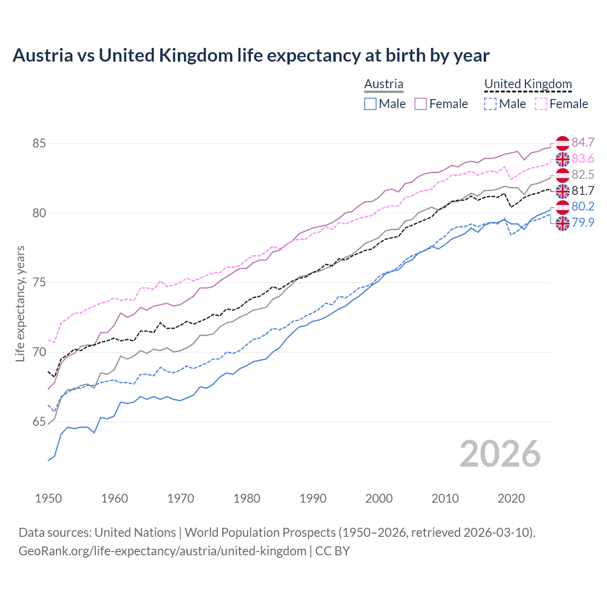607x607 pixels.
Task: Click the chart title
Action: (x=251, y=55)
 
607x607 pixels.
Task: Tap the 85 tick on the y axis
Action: (x=39, y=143)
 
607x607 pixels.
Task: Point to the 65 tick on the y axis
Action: (x=39, y=422)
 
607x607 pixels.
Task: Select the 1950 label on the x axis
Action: (x=48, y=498)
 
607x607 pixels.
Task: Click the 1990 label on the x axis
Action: (x=313, y=498)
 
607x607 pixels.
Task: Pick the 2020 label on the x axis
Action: (x=511, y=498)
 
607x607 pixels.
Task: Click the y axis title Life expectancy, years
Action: (x=20, y=303)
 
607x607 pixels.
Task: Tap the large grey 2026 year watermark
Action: (x=500, y=454)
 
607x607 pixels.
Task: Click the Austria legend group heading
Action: (x=384, y=84)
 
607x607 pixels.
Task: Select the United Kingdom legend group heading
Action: (x=528, y=84)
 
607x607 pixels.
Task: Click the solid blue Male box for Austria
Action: (x=370, y=104)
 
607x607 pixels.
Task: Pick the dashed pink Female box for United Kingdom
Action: (x=541, y=104)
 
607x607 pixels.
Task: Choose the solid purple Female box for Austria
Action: (x=421, y=104)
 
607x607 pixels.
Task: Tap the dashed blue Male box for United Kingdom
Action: (x=490, y=104)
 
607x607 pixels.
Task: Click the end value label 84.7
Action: (x=583, y=142)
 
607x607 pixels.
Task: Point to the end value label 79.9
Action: (x=583, y=222)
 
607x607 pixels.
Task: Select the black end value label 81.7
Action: (x=583, y=191)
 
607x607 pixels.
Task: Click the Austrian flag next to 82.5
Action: (x=562, y=175)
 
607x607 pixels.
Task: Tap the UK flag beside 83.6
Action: (x=562, y=159)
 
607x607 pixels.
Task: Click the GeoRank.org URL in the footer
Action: (x=162, y=551)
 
